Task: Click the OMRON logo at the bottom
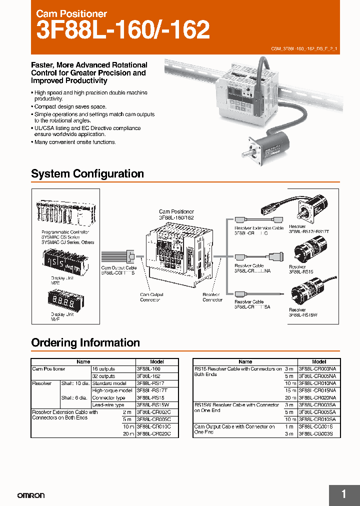(31, 495)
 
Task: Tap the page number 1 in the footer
(343, 494)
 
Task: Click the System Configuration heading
(87, 174)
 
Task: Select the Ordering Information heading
(85, 343)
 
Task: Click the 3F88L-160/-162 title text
(123, 31)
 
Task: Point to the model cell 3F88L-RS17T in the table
(153, 390)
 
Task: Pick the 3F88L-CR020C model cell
(153, 434)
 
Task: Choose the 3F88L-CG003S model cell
(319, 434)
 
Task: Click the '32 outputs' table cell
(103, 376)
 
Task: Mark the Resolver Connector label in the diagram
(212, 297)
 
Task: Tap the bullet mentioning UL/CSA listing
(87, 131)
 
